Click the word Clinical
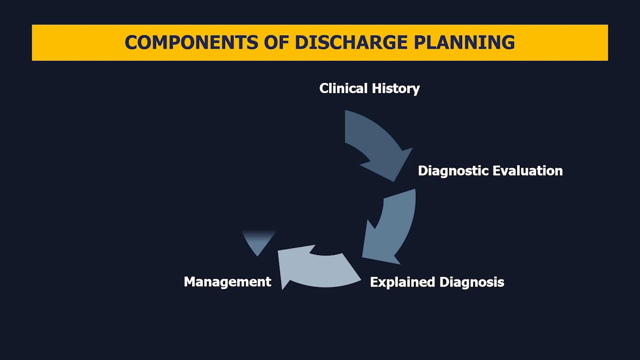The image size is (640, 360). coord(341,88)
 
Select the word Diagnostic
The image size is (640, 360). coord(453,171)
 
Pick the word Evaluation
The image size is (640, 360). coord(527,171)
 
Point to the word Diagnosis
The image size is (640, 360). coord(471,282)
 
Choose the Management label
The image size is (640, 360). coord(227,282)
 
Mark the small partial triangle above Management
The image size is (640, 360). coord(258,241)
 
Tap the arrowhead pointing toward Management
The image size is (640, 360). coord(290,265)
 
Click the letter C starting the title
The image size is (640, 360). coord(130,42)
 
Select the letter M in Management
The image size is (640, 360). coord(189,282)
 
